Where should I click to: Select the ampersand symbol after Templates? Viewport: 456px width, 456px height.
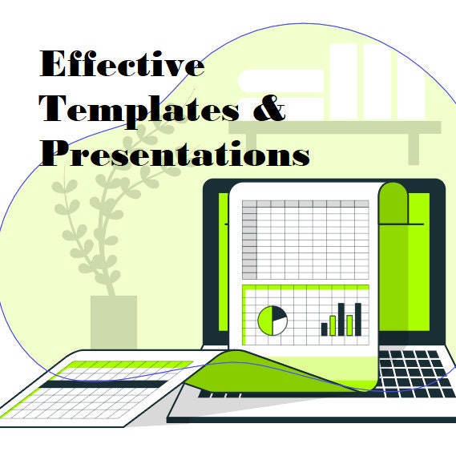(268, 108)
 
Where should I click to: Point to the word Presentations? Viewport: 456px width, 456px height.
(175, 153)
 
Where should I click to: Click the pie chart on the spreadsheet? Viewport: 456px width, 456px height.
(272, 321)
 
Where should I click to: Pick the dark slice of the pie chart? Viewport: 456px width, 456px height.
(278, 313)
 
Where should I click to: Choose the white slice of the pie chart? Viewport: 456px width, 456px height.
(280, 326)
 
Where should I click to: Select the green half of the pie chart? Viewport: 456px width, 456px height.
(265, 321)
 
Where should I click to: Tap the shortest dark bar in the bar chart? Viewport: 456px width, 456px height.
(325, 329)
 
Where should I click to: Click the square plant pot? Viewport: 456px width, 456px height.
(114, 322)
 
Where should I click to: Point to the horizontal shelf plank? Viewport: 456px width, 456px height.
(335, 127)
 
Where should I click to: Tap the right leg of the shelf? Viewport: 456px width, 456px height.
(414, 149)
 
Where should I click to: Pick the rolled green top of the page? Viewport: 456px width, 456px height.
(393, 203)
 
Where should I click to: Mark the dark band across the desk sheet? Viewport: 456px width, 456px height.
(103, 384)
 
